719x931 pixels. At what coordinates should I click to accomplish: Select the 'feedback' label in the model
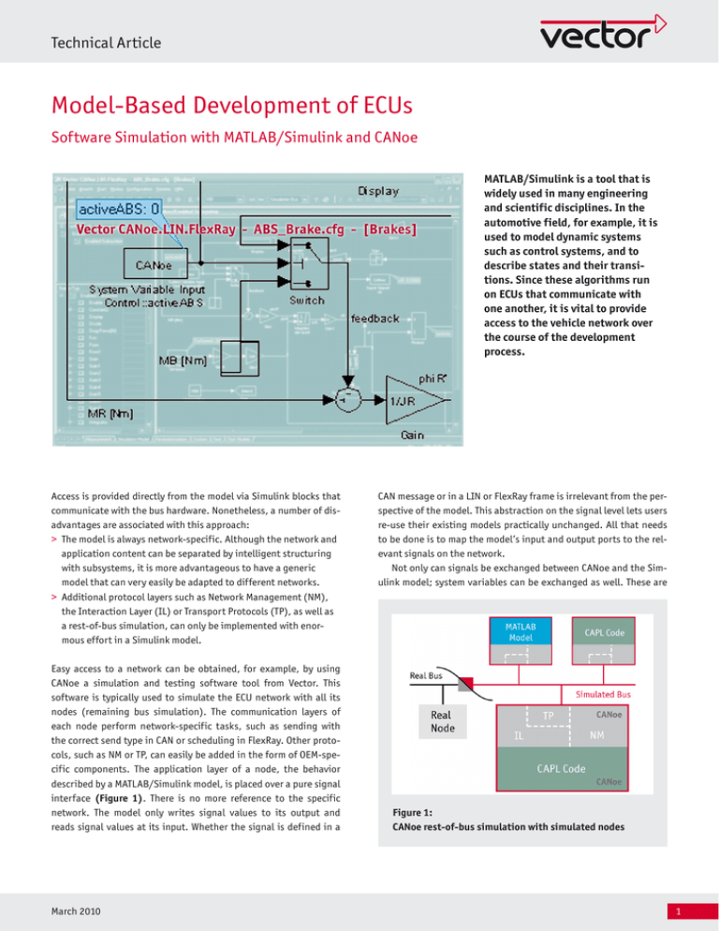click(382, 318)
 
